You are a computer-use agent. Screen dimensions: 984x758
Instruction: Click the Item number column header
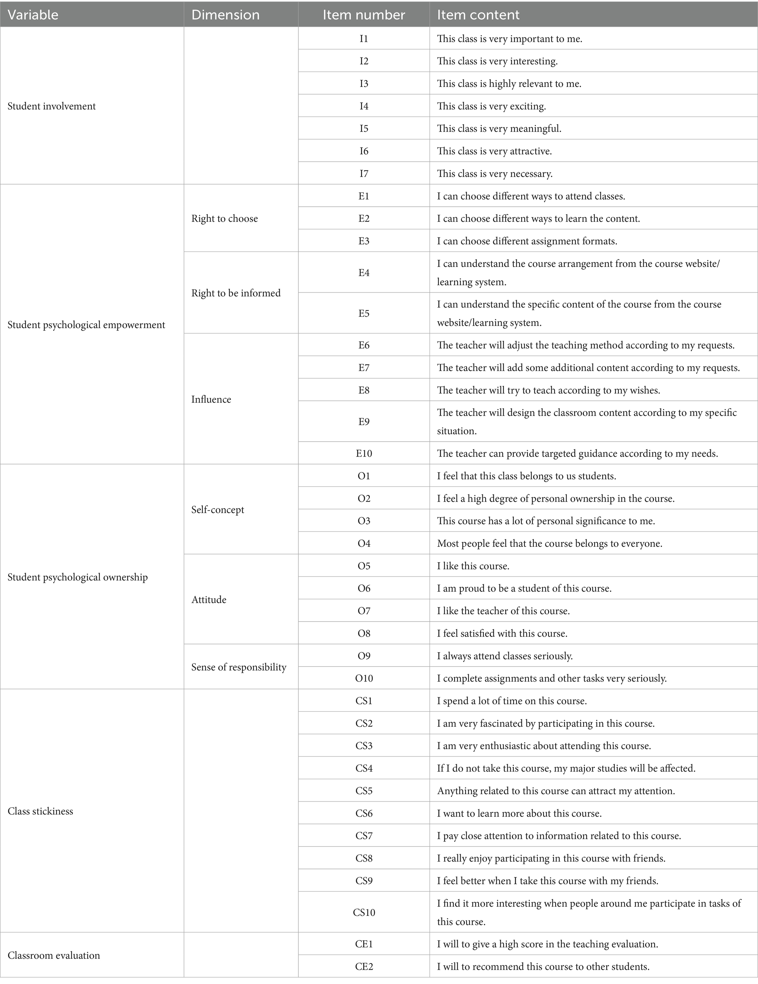click(364, 15)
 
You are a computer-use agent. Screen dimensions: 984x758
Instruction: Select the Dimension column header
click(225, 15)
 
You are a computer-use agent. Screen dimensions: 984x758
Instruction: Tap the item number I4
click(364, 106)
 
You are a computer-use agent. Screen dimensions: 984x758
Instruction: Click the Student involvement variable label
click(52, 106)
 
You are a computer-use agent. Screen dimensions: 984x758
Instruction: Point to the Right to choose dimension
click(224, 218)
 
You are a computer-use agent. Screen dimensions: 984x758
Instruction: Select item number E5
click(364, 313)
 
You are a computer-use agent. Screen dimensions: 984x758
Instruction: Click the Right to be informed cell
click(236, 293)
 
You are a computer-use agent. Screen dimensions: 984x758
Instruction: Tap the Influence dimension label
click(211, 399)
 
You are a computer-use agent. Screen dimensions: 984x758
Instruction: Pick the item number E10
click(364, 453)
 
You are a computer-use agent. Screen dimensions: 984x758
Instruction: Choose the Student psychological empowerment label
click(87, 325)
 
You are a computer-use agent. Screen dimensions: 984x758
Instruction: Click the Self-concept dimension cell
click(218, 509)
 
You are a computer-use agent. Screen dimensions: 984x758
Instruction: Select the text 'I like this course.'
click(473, 566)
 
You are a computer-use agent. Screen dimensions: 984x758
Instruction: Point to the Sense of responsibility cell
click(239, 667)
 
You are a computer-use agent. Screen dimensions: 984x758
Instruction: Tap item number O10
click(364, 678)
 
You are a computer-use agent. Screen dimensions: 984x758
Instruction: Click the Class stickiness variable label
click(40, 811)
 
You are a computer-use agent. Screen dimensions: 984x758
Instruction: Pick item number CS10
click(364, 913)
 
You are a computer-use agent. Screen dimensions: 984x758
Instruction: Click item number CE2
click(364, 967)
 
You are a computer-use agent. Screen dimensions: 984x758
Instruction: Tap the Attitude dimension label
click(209, 600)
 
